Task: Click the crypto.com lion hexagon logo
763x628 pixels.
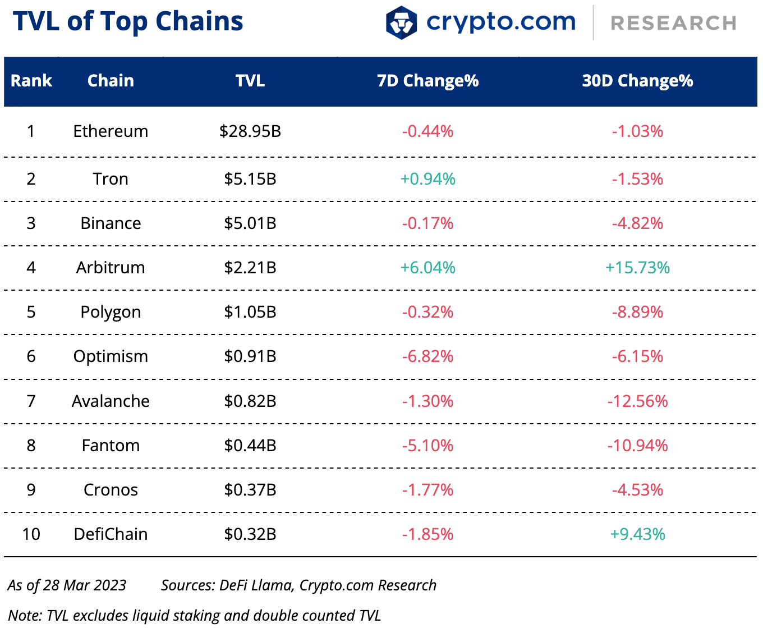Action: click(x=401, y=22)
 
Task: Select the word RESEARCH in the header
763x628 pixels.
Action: click(x=673, y=23)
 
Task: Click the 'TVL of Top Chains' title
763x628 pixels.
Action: click(x=128, y=21)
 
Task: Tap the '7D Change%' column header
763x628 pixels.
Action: click(x=428, y=81)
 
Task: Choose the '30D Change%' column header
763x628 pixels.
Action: click(x=637, y=81)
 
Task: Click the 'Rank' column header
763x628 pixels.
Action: click(x=31, y=81)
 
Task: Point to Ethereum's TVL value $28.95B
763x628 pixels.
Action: click(x=250, y=131)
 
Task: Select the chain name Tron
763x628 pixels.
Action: click(x=111, y=179)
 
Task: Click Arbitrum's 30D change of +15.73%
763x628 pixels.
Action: click(x=637, y=268)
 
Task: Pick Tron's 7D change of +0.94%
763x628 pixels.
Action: click(x=428, y=179)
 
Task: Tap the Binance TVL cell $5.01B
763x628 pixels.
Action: click(x=250, y=223)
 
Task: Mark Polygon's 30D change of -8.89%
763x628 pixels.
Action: click(x=637, y=312)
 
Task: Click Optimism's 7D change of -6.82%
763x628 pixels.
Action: click(x=428, y=356)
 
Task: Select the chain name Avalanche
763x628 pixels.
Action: click(x=111, y=401)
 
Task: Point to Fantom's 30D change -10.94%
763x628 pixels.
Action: click(x=637, y=446)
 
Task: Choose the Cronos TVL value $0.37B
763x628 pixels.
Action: click(x=250, y=490)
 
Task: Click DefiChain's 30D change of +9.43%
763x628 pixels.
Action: click(x=637, y=534)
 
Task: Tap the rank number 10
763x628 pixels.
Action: click(x=31, y=534)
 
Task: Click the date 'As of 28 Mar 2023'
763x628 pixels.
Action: click(x=67, y=585)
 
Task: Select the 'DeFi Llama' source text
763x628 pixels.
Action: click(x=256, y=585)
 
